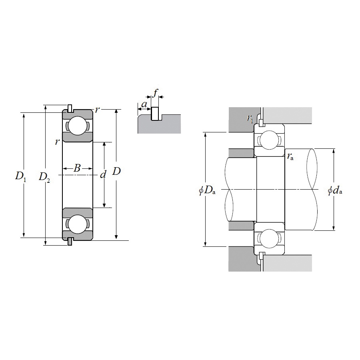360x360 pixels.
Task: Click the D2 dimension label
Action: pos(44,176)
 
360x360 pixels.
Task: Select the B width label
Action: pos(77,168)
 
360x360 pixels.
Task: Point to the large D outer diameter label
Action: pos(116,172)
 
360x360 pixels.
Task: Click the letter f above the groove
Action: pos(156,94)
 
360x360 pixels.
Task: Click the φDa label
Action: pos(207,191)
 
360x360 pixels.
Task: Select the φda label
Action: pos(335,191)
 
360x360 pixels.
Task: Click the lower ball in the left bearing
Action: pos(77,224)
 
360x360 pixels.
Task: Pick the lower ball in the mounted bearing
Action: pos(269,239)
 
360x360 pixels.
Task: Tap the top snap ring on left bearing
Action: pos(70,108)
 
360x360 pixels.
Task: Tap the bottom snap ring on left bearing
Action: pos(70,241)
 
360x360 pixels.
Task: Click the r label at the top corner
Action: pos(97,110)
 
